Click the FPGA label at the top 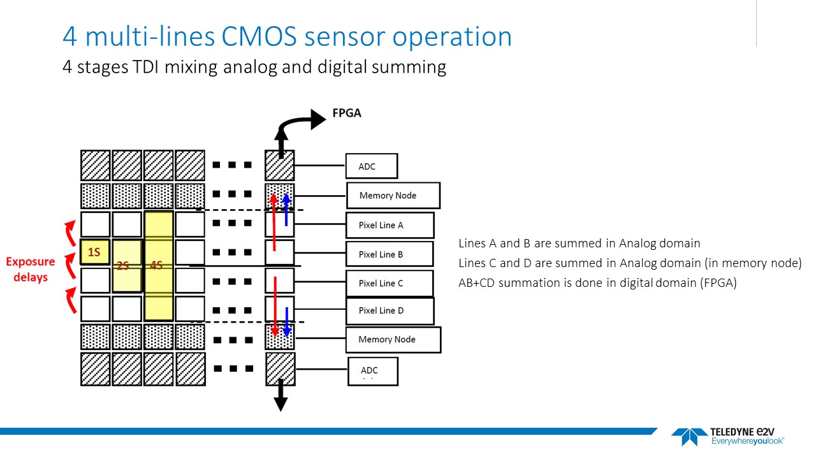[347, 113]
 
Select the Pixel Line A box [390, 225]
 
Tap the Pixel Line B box [389, 254]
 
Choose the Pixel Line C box [389, 283]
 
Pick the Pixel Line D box [390, 310]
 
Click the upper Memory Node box [393, 195]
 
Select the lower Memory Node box [393, 339]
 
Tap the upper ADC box [371, 166]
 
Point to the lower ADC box [373, 371]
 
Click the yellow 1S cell [94, 252]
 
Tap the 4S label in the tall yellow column [156, 266]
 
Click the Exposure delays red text [31, 269]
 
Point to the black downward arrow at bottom [280, 402]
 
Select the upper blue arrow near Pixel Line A [286, 209]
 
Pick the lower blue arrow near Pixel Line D [286, 323]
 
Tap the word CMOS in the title [259, 36]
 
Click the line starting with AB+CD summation [597, 283]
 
